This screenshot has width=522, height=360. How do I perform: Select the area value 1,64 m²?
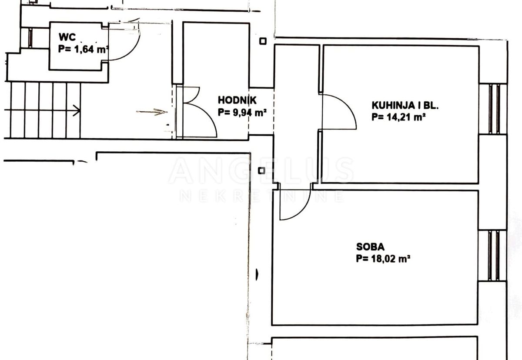(83, 49)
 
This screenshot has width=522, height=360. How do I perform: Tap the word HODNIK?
(237, 100)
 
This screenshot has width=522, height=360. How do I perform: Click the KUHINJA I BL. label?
(399, 105)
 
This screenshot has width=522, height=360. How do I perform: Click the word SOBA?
(370, 247)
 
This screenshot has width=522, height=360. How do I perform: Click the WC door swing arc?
(126, 43)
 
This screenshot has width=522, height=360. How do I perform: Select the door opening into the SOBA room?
(294, 204)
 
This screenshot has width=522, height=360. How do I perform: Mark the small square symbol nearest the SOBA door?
(261, 170)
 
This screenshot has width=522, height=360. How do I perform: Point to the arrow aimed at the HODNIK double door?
(152, 112)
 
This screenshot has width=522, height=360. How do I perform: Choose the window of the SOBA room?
(493, 255)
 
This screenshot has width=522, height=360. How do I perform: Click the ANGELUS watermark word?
(261, 171)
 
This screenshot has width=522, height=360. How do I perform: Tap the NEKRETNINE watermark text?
(261, 197)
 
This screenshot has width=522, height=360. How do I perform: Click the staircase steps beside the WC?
(43, 110)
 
